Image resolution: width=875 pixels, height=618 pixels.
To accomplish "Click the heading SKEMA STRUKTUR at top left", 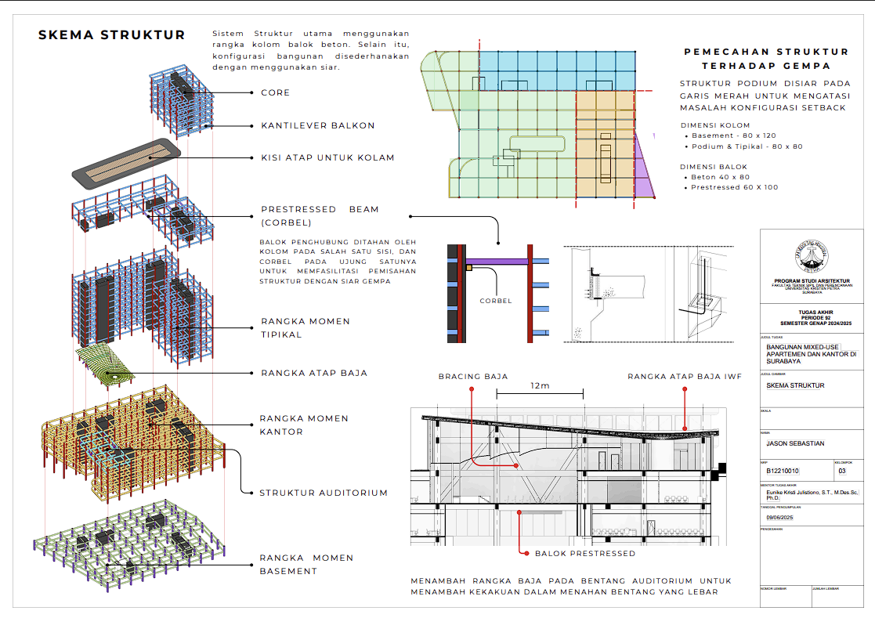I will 112,35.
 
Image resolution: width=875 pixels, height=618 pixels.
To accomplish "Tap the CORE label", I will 275,92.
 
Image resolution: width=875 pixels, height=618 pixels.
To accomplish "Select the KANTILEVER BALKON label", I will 317,125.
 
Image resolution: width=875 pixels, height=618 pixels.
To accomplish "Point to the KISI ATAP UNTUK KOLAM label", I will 327,157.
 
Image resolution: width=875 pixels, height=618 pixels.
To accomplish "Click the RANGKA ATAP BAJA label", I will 314,373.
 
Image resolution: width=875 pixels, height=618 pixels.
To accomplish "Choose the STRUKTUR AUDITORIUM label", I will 324,493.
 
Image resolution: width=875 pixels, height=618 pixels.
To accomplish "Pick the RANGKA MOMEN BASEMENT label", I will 306,564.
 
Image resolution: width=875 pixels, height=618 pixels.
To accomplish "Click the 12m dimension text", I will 540,386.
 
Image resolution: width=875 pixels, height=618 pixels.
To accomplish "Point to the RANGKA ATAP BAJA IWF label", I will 684,377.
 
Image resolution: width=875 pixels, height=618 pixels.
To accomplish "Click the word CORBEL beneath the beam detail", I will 496,301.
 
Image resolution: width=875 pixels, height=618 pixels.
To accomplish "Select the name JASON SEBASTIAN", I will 796,443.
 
